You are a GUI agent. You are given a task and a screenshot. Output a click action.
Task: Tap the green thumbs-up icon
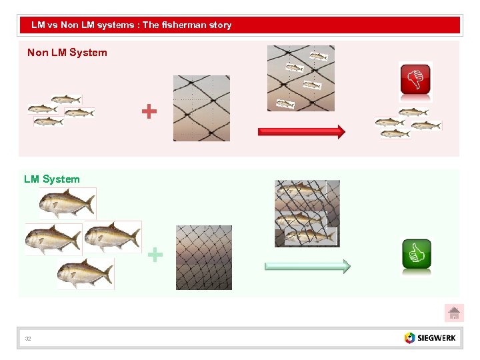pos(417,254)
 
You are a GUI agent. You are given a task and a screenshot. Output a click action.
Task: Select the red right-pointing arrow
pos(301,131)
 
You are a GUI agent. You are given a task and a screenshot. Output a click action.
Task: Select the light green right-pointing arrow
pos(307,267)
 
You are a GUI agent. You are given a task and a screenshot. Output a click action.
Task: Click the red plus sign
pos(149,111)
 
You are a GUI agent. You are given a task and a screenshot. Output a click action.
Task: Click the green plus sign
pos(155,254)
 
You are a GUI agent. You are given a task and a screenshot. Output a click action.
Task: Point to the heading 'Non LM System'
pos(67,53)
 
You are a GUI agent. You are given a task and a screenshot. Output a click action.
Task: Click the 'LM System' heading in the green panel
pos(51,179)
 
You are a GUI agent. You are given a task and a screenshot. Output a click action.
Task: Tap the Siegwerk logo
pos(431,337)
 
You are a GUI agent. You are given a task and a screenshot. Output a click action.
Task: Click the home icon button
pos(454,313)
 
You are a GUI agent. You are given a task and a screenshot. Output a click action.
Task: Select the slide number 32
pos(28,339)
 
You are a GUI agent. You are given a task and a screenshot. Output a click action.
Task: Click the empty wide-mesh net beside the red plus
pos(201,108)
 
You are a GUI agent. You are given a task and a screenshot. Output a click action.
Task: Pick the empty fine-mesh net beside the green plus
pos(204,257)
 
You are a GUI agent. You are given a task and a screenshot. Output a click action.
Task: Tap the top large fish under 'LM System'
pos(67,203)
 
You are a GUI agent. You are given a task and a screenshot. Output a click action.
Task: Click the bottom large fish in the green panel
pos(85,273)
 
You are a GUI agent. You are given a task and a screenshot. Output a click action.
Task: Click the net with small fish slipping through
pos(301,78)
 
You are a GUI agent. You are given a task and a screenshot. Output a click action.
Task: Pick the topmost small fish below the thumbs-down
pos(413,112)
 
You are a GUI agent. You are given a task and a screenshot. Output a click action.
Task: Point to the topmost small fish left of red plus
pos(66,99)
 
